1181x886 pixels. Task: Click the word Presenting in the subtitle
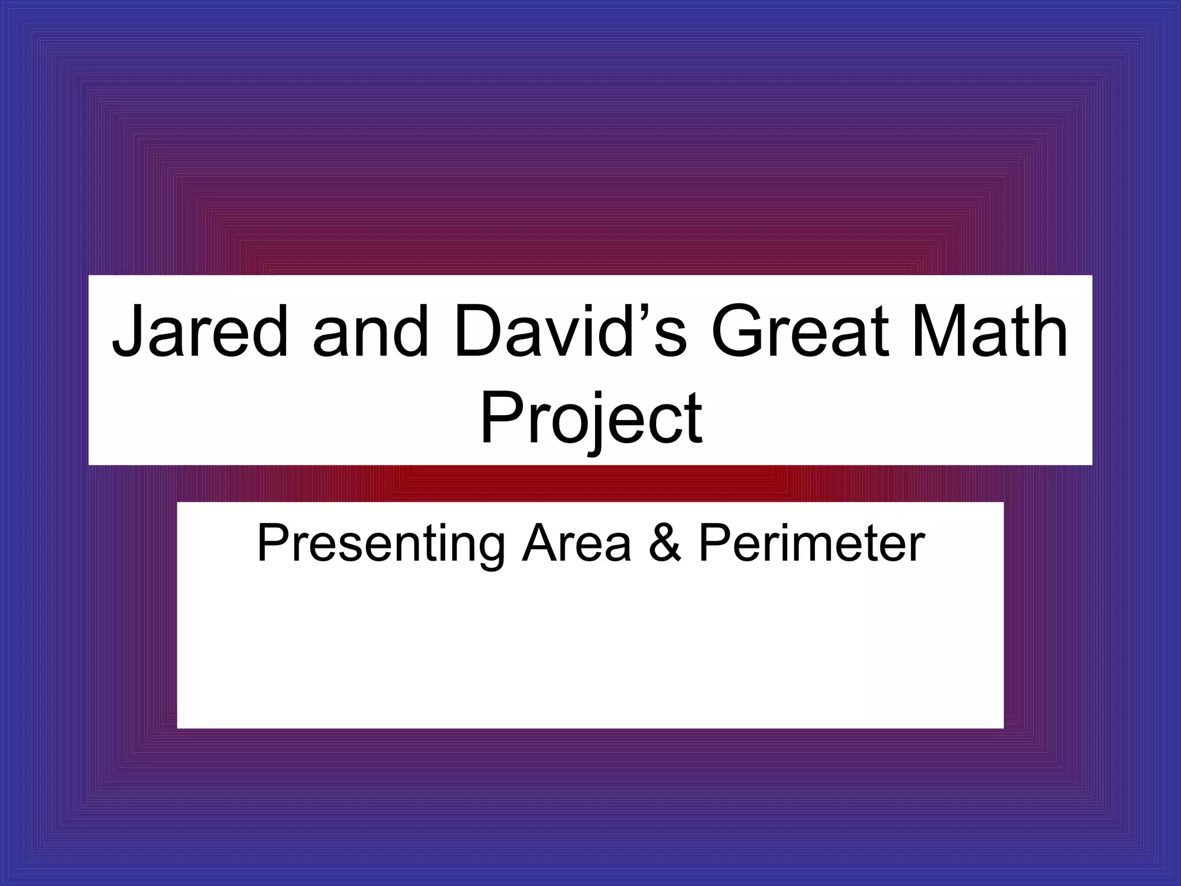[381, 544]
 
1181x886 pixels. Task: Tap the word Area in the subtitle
[576, 544]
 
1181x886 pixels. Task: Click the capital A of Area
[540, 544]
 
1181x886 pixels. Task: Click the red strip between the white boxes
[590, 483]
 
